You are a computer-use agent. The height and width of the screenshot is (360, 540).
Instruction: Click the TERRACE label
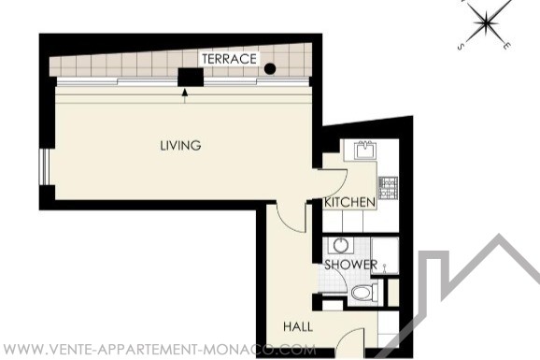pos(230,59)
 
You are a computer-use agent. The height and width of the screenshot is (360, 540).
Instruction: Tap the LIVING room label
pos(180,146)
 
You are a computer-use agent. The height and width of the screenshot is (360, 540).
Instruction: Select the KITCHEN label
pos(349,202)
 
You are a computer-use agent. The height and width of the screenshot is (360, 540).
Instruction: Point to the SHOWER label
pos(351,265)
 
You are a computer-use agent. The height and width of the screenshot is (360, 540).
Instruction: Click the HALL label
pos(298,326)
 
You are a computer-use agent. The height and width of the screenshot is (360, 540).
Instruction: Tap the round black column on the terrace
pos(270,69)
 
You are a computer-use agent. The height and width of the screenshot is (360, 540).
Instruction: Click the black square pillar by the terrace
pos(191,78)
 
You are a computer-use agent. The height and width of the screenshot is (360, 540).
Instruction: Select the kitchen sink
pos(365,150)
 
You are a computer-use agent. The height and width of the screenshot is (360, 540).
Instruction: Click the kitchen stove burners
pos(388,188)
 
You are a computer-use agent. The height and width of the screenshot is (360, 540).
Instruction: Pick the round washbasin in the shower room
pos(341,246)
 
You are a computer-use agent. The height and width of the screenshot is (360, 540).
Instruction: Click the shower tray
pos(385,255)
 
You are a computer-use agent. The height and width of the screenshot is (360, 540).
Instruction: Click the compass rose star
pos(486,22)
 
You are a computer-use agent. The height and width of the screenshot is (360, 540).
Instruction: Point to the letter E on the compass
pos(505,46)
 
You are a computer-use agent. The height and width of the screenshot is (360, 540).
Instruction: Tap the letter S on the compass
pos(461,48)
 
